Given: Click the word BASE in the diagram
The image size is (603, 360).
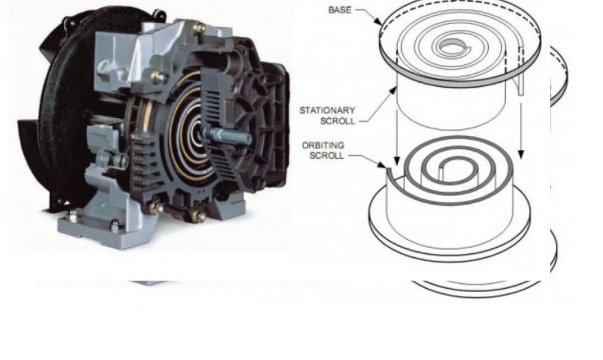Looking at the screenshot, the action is pos(340,10).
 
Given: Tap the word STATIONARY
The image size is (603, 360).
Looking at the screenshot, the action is pos(327,110).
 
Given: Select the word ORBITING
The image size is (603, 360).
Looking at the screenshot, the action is pos(323,145).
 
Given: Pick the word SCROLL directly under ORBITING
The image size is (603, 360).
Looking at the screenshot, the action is pos(326,156).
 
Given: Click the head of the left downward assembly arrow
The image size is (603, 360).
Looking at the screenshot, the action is pos(397,161).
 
